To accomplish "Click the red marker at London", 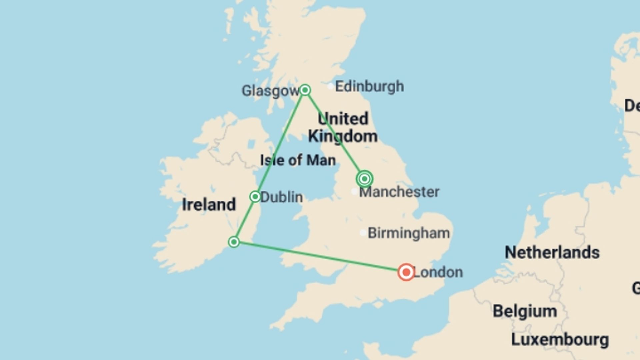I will [406, 272].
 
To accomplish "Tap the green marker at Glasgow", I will [305, 90].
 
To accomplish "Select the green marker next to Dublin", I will [255, 197].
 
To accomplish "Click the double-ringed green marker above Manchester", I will [364, 179].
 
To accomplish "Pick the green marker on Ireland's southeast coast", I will [234, 242].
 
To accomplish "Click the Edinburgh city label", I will [369, 86].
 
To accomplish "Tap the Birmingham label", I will [409, 233].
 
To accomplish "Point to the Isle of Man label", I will [298, 160].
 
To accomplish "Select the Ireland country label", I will [209, 204].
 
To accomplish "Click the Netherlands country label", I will [552, 252].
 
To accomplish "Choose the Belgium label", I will [525, 311].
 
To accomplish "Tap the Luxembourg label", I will [560, 340].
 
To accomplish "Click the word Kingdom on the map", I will [343, 136].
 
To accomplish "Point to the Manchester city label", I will [399, 192].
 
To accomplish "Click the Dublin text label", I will [282, 197].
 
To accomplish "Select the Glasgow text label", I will [270, 91].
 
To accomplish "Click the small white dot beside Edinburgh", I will [330, 87].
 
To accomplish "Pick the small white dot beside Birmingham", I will [363, 233].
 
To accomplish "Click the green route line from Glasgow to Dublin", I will [280, 143].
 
